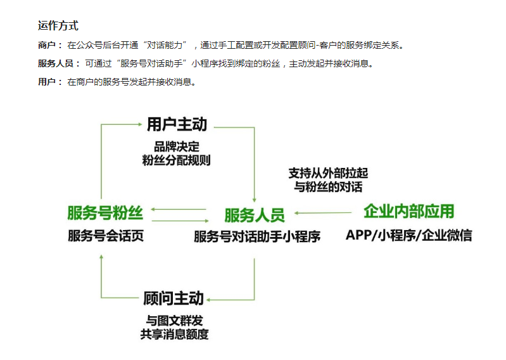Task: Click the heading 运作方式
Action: click(x=58, y=26)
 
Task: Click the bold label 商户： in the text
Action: click(x=51, y=46)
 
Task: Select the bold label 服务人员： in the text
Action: click(x=60, y=63)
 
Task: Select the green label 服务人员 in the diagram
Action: click(x=254, y=215)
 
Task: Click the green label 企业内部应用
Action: click(x=408, y=212)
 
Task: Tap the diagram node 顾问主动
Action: click(x=174, y=298)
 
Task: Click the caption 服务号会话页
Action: click(x=106, y=236)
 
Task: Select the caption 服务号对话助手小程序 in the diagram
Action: click(x=257, y=237)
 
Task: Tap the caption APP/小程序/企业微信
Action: click(x=408, y=235)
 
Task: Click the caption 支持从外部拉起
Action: click(x=328, y=173)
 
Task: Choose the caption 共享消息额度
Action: click(x=174, y=334)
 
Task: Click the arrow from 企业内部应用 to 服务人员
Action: click(x=323, y=213)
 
